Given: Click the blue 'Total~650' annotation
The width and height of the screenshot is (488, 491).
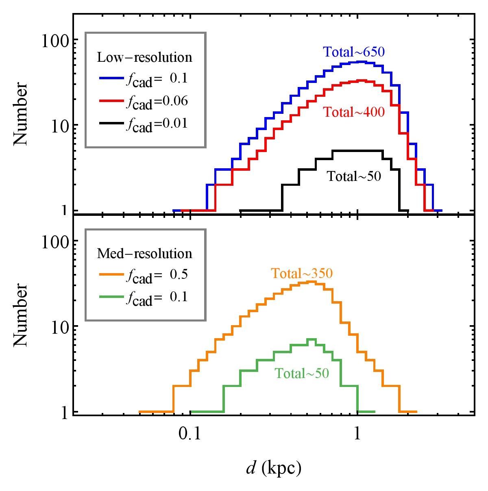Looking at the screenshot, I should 354,52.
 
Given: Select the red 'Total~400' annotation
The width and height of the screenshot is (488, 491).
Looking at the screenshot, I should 354,112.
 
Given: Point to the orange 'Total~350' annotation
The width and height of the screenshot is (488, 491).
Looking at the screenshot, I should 302,274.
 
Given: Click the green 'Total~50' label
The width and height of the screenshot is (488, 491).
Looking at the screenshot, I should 302,373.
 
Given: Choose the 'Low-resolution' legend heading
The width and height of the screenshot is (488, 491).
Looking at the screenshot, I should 144,57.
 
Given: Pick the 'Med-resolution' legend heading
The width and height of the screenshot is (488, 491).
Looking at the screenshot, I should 144,254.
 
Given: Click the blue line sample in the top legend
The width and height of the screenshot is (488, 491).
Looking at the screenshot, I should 111,78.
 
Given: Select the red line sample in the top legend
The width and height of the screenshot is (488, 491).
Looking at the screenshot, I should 111,101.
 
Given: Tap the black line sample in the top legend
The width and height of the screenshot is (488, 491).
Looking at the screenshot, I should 111,123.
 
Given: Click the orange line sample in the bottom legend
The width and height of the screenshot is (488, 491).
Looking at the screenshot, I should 111,275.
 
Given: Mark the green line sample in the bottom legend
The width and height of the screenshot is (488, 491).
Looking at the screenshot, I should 111,297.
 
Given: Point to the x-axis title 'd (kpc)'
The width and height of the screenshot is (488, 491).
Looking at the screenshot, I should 273,469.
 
